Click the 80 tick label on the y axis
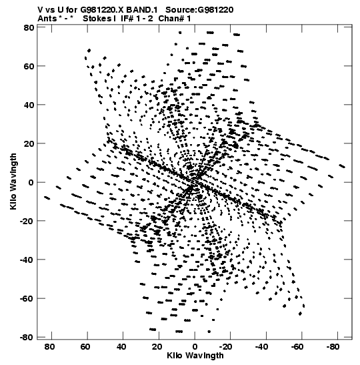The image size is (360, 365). coord(29,27)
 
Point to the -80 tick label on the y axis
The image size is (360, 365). coord(27,337)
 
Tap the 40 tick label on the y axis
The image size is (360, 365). coord(29,105)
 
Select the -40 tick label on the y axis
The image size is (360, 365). coord(27,260)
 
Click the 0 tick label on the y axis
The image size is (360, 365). coord(31,182)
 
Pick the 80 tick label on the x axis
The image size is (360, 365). coord(49,347)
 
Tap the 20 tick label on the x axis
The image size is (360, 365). coord(157,347)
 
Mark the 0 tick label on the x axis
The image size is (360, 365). coord(195,347)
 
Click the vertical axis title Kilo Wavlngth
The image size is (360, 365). coord(13,181)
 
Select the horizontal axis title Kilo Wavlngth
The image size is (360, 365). coord(195,356)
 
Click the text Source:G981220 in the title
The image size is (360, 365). coord(199,10)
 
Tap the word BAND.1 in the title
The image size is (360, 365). coord(142,10)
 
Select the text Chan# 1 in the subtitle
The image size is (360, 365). coord(175,19)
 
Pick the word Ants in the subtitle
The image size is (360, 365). coord(47,19)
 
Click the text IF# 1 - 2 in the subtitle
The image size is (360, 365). coord(137,19)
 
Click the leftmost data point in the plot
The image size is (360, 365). coord(47,198)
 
